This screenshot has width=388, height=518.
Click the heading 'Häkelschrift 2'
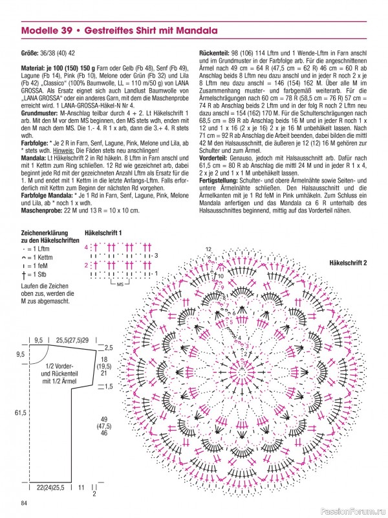[x=348, y=263]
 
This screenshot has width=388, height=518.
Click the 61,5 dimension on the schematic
[x=20, y=413]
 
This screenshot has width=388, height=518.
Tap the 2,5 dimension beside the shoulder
[x=109, y=348]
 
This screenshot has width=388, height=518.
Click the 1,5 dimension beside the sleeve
[x=109, y=386]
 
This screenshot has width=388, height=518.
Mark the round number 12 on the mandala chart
[x=209, y=249]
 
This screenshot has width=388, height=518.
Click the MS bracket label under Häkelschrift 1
[x=120, y=284]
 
